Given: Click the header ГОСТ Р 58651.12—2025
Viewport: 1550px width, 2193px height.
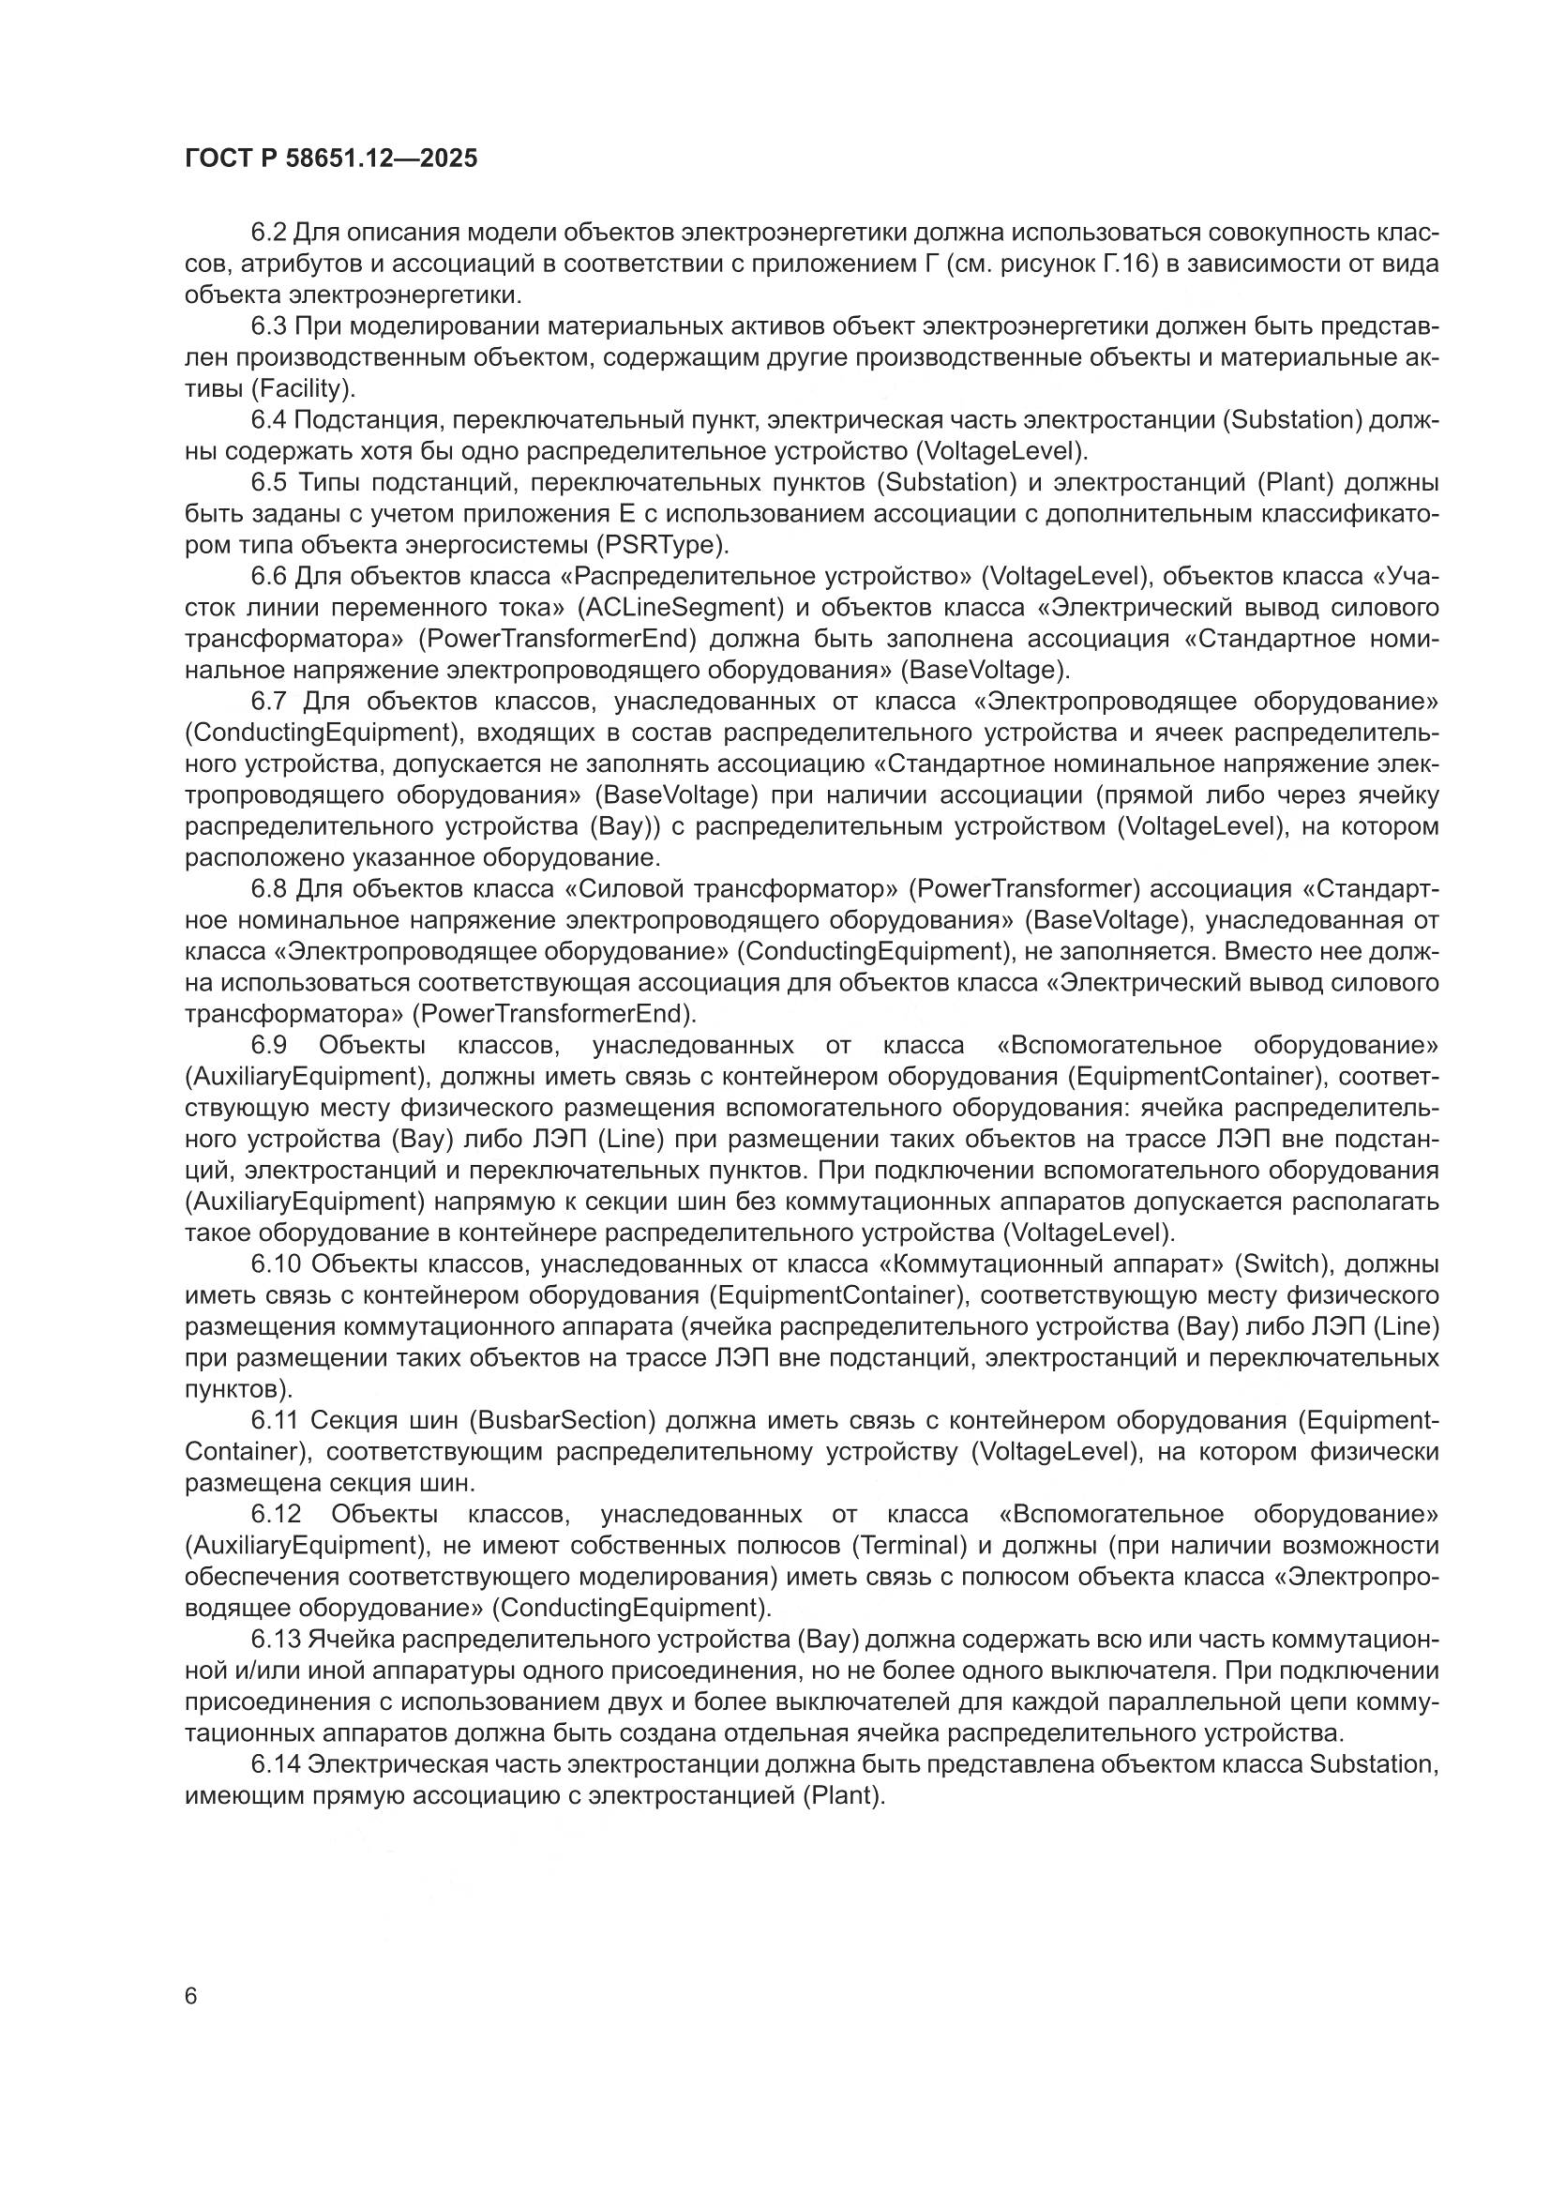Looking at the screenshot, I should tap(330, 159).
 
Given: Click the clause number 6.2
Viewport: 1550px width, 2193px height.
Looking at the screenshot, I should tap(268, 232).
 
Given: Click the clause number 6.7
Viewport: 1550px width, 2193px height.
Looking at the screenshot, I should tap(268, 701).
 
